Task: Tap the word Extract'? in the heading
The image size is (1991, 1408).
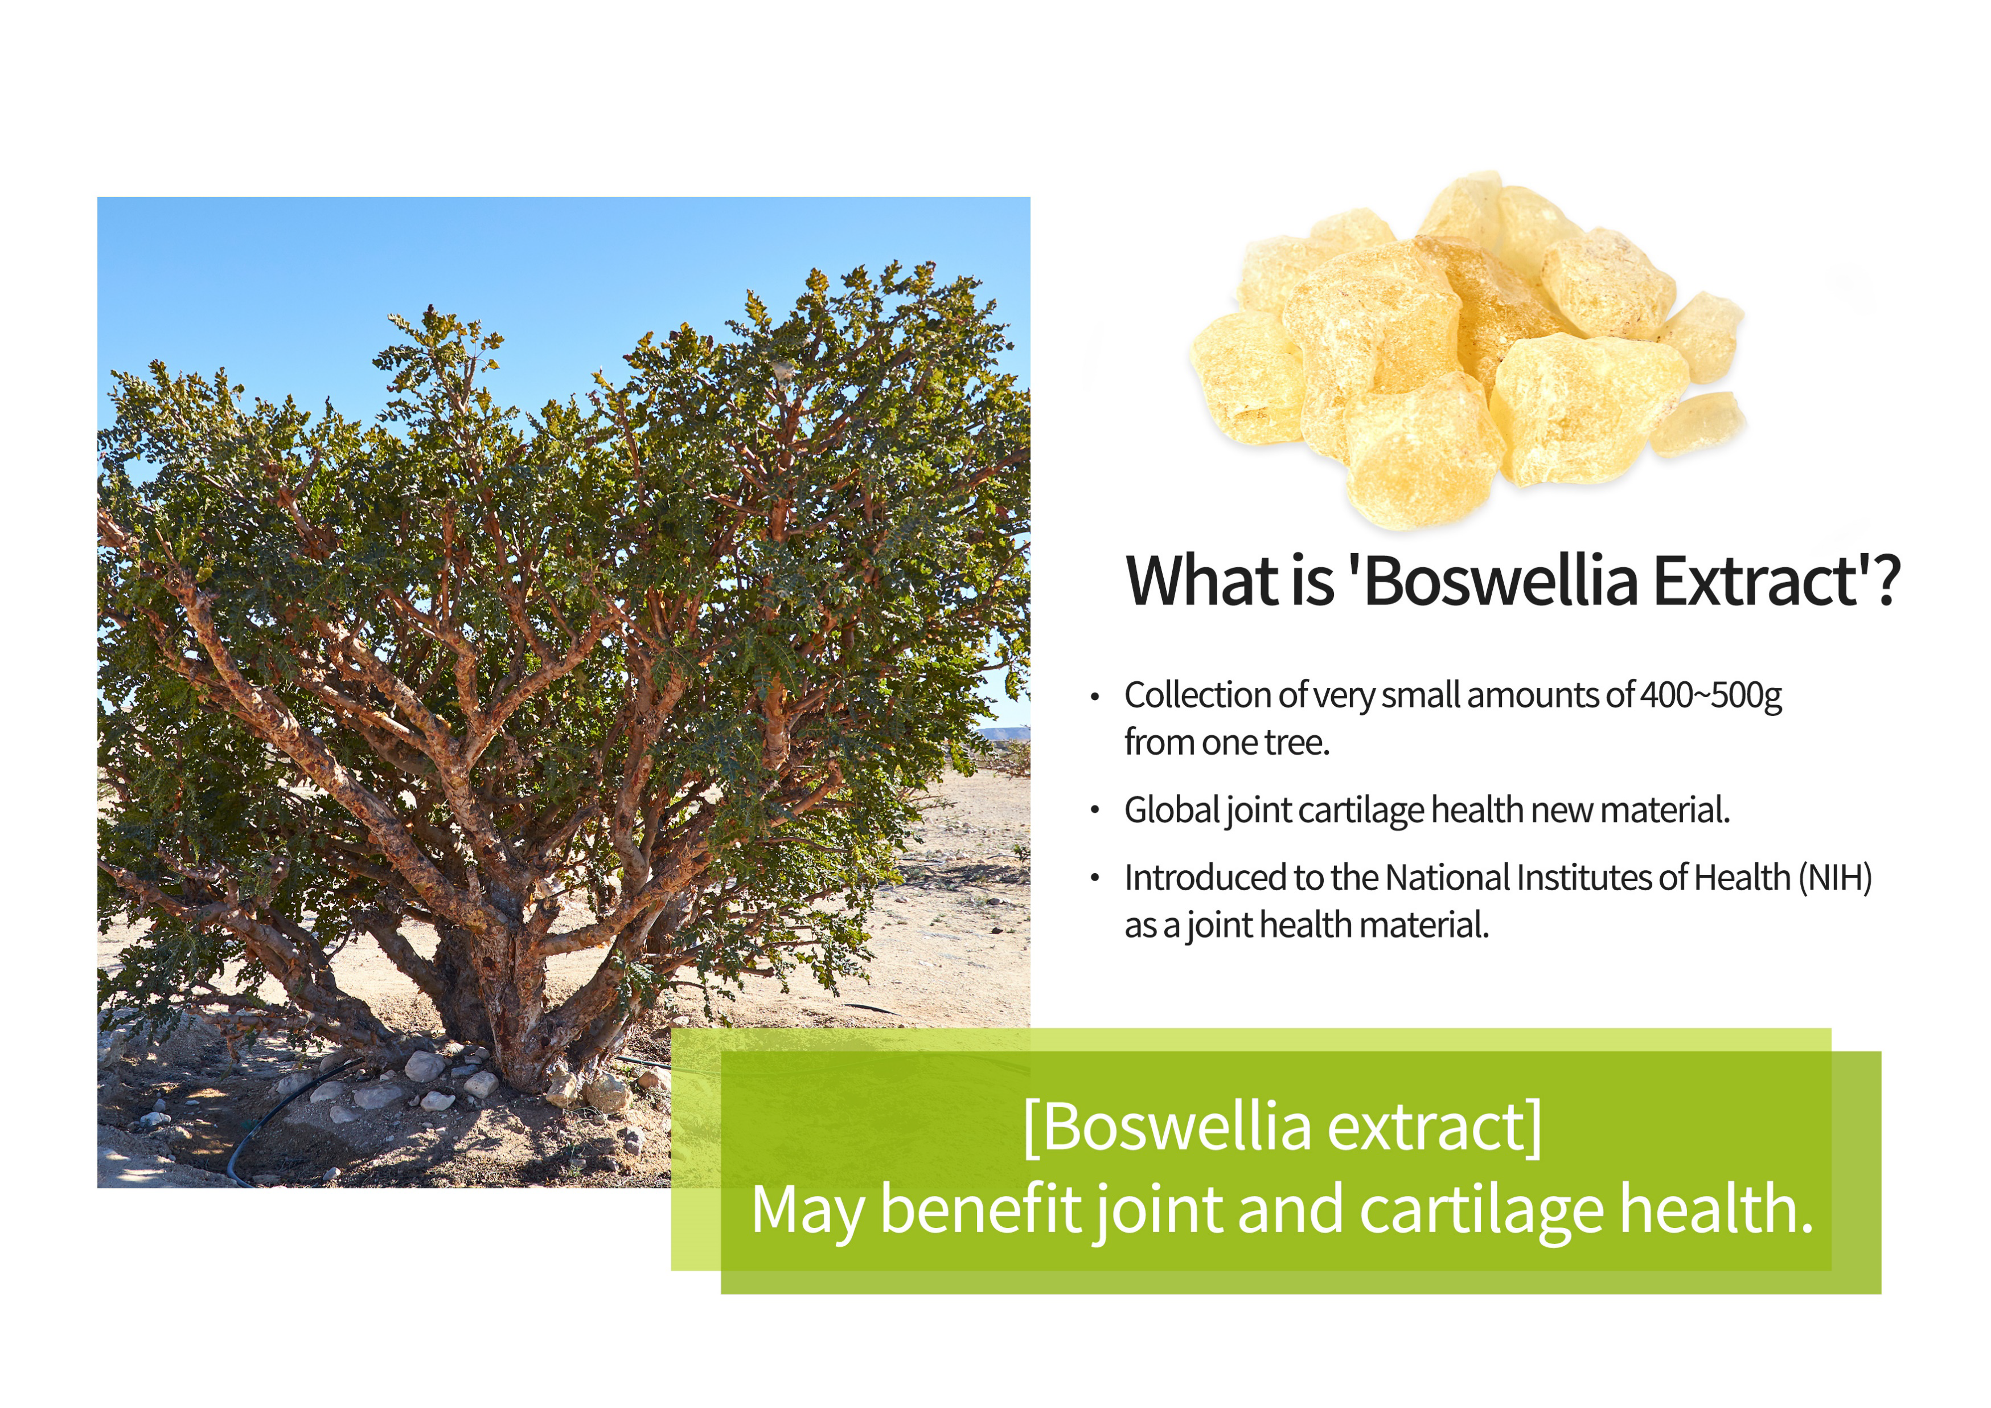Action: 1777,580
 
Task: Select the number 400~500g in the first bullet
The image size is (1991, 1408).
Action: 1711,695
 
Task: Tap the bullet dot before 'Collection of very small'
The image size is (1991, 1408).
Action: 1095,697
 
